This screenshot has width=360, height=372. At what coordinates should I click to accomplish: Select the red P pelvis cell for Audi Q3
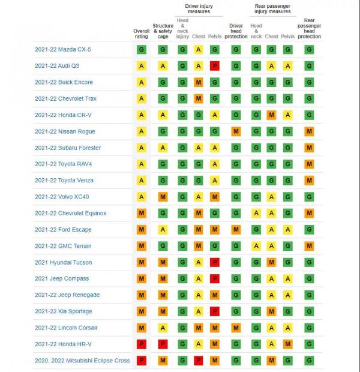215,66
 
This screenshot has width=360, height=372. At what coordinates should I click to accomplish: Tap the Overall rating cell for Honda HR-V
142,344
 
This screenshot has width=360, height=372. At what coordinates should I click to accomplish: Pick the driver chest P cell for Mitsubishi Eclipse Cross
199,360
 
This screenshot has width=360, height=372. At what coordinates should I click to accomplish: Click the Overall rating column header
142,33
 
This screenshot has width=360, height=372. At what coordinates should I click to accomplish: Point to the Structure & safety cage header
163,31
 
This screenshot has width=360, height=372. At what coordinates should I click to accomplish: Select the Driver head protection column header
236,31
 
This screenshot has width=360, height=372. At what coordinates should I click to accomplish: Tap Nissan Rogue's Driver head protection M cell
236,131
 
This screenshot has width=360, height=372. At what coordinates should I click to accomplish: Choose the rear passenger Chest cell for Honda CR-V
271,115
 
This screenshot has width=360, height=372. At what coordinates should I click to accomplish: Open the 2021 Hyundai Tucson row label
64,262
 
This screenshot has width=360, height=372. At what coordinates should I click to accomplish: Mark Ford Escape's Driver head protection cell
236,229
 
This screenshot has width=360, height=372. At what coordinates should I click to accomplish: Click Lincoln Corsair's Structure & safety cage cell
163,328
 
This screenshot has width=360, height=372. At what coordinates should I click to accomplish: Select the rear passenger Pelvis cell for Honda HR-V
288,344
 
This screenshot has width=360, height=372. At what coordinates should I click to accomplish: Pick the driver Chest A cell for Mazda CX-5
199,50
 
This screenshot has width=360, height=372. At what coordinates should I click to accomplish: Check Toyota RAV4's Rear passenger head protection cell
309,164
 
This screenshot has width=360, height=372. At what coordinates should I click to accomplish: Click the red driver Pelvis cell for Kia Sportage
215,311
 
